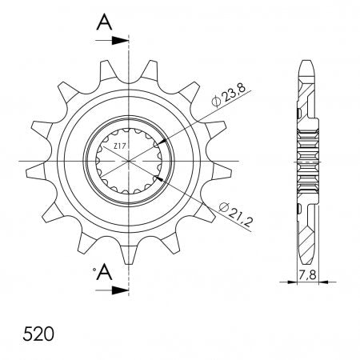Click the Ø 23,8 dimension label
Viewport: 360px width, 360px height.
click(x=228, y=96)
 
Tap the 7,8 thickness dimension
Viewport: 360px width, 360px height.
click(x=307, y=274)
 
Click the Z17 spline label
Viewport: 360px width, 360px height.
click(x=118, y=146)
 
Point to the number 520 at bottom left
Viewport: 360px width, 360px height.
click(x=38, y=334)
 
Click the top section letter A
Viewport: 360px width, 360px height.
click(x=104, y=22)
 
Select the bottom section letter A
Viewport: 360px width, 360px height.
click(x=104, y=273)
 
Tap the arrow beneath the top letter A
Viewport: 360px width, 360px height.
click(x=112, y=41)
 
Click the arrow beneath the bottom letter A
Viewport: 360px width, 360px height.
click(x=112, y=290)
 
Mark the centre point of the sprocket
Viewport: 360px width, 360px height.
click(x=129, y=161)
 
